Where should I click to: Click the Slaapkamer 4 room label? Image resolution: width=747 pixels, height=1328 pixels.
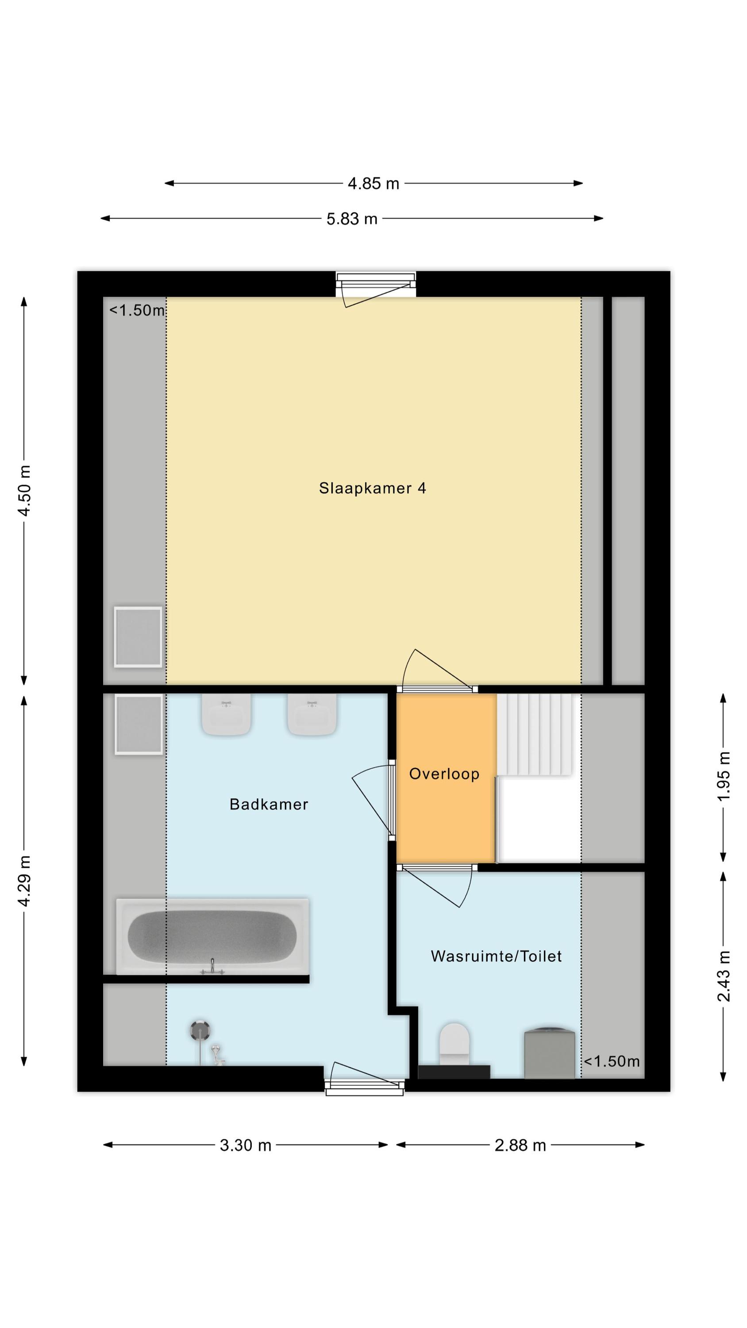pyautogui.click(x=372, y=488)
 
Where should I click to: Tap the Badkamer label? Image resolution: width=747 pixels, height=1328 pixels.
pyautogui.click(x=269, y=804)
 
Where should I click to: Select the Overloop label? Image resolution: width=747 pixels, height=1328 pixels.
pyautogui.click(x=444, y=774)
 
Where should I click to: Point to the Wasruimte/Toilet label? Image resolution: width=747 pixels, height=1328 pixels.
pyautogui.click(x=496, y=956)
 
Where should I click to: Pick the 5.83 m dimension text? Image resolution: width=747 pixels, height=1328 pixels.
pyautogui.click(x=352, y=219)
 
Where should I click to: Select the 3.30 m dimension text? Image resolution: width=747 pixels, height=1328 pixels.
pyautogui.click(x=246, y=1146)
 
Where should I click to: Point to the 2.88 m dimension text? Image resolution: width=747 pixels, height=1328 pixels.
pyautogui.click(x=520, y=1146)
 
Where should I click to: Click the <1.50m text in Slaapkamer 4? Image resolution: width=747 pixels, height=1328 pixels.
pyautogui.click(x=137, y=310)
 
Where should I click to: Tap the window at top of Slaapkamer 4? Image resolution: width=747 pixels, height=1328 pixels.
pyautogui.click(x=376, y=285)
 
